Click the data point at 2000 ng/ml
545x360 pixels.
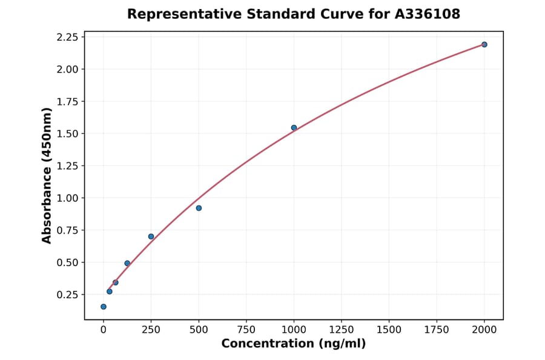[x=484, y=44]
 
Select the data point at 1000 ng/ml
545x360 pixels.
[x=294, y=128]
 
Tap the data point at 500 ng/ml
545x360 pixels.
[x=199, y=208]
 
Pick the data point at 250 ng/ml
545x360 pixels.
[x=151, y=236]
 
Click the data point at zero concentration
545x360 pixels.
[x=104, y=307]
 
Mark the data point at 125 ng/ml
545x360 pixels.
[x=127, y=263]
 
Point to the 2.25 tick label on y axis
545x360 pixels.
[x=67, y=38]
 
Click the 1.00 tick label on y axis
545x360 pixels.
[x=67, y=198]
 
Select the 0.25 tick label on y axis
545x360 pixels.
[x=67, y=295]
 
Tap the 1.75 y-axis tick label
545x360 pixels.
[x=67, y=102]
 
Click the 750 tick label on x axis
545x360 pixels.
[x=246, y=329]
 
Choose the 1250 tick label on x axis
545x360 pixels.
[x=342, y=329]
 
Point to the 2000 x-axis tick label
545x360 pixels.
[x=484, y=329]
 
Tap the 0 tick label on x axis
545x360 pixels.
[x=104, y=329]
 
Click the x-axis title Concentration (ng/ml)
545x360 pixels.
[x=294, y=344]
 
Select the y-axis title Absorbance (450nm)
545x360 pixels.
[x=47, y=176]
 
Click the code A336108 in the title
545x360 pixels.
[x=428, y=14]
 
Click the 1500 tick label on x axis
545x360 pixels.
[x=389, y=329]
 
